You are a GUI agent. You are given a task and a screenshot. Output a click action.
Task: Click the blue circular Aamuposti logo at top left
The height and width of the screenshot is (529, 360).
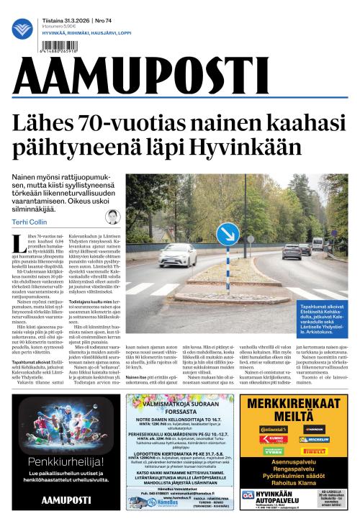(23, 29)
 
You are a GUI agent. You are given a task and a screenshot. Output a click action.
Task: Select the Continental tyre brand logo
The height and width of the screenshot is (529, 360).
(272, 428)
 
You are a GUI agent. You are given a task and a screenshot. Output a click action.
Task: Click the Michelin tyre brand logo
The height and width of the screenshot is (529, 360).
(314, 438)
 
